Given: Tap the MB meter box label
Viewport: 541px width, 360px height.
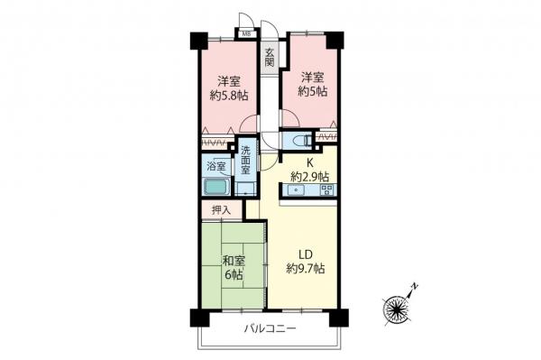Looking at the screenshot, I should click(244, 36).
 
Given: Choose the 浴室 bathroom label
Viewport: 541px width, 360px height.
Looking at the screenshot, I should click(216, 166).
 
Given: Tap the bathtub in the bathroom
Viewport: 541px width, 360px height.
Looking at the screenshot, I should click(217, 189).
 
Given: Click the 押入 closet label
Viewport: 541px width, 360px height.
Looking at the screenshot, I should click(221, 210).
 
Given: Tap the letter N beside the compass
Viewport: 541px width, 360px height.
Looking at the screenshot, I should click(415, 287).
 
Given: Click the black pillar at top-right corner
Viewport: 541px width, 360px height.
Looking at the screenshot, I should click(336, 41).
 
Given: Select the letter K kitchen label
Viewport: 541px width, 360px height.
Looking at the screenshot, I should click(309, 163).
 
